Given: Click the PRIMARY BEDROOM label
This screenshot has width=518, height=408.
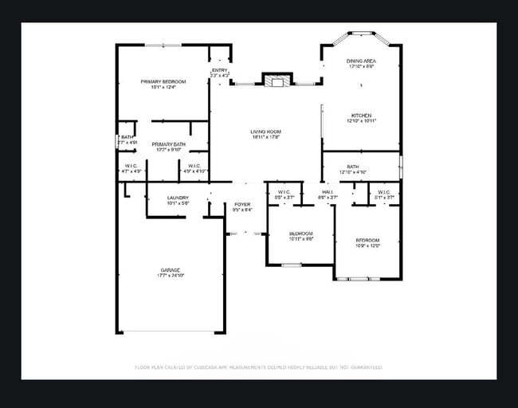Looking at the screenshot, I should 163,81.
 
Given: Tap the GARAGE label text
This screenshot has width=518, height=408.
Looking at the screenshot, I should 169,270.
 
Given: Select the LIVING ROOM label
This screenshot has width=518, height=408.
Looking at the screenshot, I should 265,131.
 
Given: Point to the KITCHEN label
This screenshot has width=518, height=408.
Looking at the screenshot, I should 361,116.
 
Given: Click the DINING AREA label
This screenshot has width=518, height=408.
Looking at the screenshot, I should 361,61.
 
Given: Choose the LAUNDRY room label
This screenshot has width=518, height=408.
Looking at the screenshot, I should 178,198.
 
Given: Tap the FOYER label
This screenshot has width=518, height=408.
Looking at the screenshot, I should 242,205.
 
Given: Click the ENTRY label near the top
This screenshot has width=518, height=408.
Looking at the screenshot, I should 220,70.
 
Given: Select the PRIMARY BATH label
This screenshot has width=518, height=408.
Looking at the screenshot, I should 168,143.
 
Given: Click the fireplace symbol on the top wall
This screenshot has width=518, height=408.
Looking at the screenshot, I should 277,80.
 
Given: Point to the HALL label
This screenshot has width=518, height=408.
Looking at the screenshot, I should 328,191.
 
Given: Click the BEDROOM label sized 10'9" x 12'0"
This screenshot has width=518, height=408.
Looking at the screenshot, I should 367,240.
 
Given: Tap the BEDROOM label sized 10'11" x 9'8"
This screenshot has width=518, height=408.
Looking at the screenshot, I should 300,233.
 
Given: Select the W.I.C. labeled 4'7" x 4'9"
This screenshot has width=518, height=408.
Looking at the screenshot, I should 131,166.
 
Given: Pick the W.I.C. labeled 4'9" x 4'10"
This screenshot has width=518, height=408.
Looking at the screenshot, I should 194,166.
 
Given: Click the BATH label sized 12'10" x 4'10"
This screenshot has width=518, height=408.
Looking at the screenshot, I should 352,167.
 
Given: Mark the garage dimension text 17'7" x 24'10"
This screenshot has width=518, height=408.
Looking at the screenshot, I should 169,276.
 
